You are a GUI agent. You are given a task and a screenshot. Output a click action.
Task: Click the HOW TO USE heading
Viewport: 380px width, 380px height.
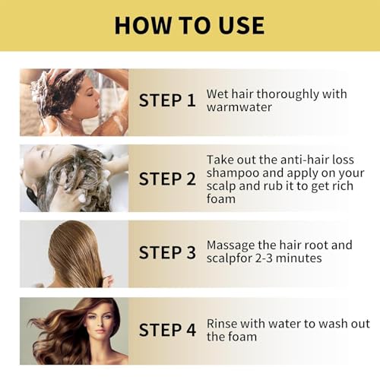[x=189, y=24]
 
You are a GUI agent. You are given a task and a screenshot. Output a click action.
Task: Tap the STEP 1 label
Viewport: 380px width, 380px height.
[x=166, y=101]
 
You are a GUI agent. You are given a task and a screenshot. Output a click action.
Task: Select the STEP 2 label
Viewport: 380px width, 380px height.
[x=166, y=179]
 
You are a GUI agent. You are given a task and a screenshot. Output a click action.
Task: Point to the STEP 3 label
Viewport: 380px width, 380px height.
[x=166, y=253]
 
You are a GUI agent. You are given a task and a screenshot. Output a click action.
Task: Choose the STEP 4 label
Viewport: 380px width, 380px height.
[x=166, y=330]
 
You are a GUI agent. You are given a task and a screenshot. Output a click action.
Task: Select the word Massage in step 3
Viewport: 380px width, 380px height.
[x=233, y=245]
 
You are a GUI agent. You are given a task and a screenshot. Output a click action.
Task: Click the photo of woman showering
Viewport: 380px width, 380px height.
[x=74, y=102]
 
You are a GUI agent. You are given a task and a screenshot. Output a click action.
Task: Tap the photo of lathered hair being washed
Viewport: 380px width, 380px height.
[x=74, y=179]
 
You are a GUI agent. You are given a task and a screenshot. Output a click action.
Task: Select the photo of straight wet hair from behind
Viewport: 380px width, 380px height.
[x=74, y=254]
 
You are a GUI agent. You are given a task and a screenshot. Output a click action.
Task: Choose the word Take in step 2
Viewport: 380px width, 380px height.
[x=221, y=159]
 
